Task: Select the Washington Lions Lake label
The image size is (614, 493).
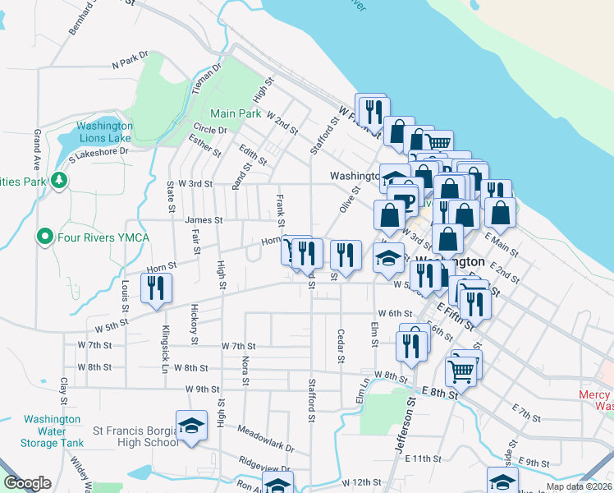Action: point(104,132)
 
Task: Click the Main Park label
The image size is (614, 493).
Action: point(235,113)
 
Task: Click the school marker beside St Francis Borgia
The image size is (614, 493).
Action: point(191,426)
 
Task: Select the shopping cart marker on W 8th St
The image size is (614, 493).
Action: point(460,371)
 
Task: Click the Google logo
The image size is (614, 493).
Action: point(27,483)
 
